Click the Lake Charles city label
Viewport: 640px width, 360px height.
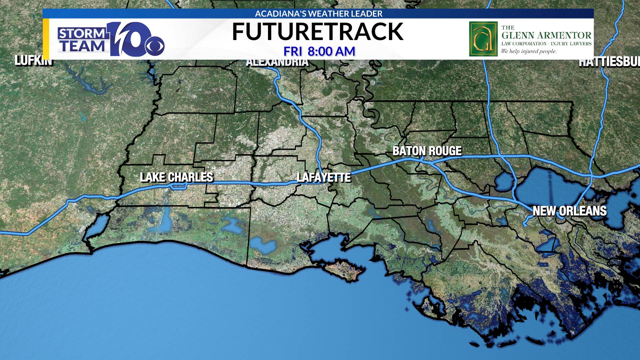(176, 177)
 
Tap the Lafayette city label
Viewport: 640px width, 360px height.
(324, 177)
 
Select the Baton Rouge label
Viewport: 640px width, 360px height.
(427, 151)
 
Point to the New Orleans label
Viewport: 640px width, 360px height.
(569, 211)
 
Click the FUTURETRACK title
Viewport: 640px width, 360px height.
(317, 32)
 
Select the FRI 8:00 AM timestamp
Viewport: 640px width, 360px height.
(319, 51)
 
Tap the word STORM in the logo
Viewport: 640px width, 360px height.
(82, 34)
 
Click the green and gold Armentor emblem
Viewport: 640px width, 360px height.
(483, 39)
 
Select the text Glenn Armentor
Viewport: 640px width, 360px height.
(546, 35)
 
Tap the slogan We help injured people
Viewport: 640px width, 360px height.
(529, 51)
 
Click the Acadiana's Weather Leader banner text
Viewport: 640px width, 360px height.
(318, 14)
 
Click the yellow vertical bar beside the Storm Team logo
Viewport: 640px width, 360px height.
(46, 39)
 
